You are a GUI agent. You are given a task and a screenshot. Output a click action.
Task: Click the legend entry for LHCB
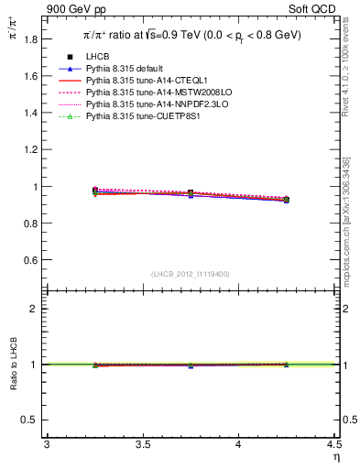99,58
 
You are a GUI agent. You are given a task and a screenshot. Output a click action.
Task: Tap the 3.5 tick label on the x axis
142,444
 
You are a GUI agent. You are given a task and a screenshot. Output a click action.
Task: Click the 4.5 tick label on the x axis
333,444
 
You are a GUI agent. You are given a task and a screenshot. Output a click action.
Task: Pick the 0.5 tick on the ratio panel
31,420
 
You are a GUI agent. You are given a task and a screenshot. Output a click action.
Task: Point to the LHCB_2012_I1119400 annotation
191,274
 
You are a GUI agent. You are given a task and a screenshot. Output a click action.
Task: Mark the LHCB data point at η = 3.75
191,193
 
